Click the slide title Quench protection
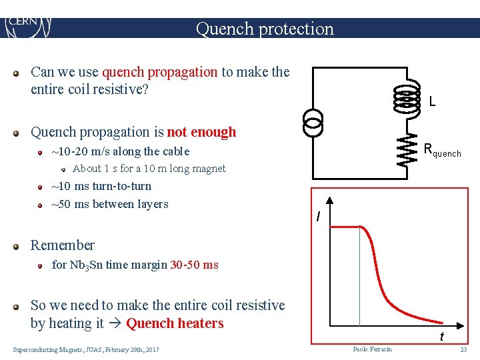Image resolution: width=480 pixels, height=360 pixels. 265,29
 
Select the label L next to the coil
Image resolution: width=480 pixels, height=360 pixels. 433,102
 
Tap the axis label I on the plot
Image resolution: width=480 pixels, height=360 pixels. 319,217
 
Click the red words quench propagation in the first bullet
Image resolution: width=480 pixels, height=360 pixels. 160,72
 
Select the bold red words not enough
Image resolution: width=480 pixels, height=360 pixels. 201,132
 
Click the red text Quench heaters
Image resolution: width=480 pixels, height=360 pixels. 175,323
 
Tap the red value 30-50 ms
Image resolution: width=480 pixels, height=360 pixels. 194,265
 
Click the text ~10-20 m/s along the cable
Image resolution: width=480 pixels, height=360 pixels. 121,151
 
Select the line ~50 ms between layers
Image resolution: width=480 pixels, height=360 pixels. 110,204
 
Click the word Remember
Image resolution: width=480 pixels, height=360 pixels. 63,245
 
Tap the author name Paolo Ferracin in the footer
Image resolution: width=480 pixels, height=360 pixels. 373,349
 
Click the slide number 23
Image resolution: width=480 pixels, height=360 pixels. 463,349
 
